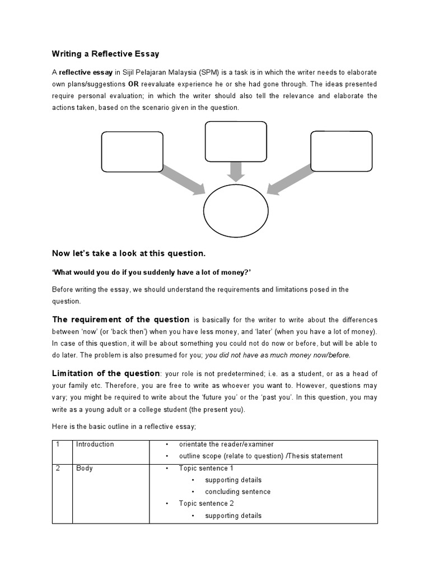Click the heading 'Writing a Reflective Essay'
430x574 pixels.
point(105,54)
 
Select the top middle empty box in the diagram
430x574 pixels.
point(236,141)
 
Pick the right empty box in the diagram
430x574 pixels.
point(341,151)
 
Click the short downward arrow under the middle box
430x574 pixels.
point(236,170)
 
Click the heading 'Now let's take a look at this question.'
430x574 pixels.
point(129,253)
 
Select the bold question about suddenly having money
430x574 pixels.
point(151,272)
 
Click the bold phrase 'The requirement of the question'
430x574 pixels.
point(121,320)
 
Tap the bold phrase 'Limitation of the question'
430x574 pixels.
point(106,373)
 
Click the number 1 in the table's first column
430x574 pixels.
point(57,445)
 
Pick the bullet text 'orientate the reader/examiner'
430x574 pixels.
point(226,445)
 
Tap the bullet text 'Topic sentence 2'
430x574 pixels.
point(206,503)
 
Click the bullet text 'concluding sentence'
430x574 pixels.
point(237,492)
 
